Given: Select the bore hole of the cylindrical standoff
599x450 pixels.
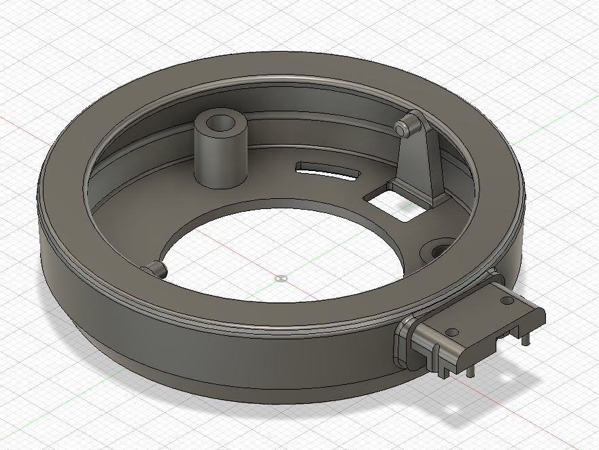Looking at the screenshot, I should (220, 125).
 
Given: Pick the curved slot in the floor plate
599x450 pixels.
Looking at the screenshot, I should (328, 170).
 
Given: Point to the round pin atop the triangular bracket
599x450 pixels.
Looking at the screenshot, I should (403, 127).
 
